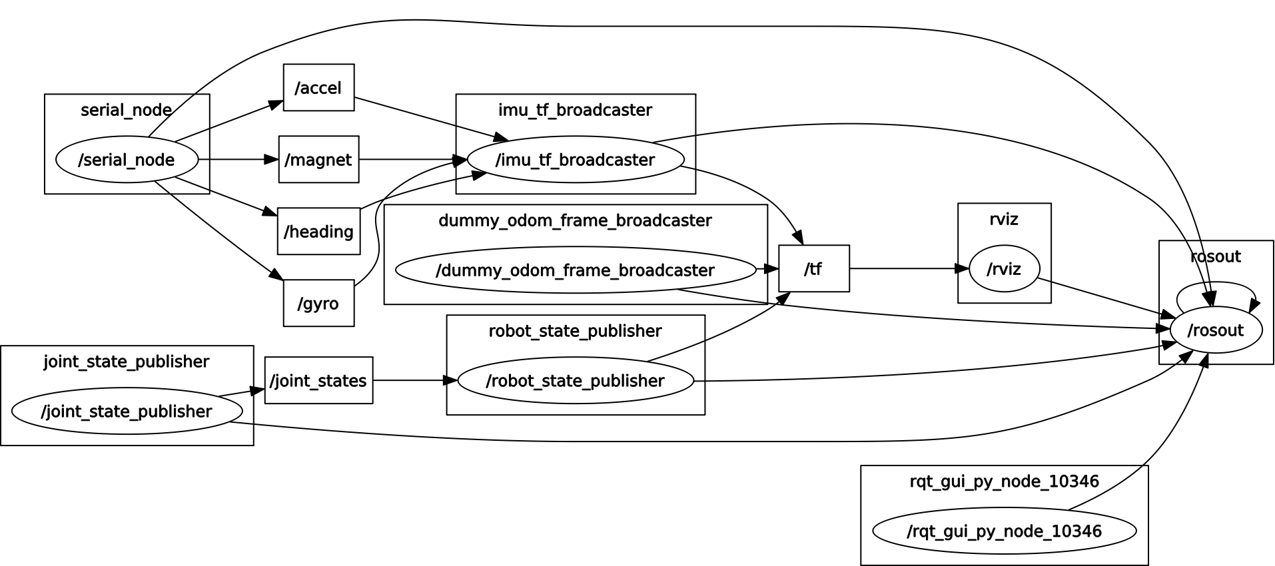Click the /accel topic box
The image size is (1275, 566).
pos(318,87)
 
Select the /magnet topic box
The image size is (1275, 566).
pos(318,159)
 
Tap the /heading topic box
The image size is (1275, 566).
pos(318,231)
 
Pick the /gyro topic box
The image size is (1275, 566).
pos(318,303)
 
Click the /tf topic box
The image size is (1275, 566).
pos(813,268)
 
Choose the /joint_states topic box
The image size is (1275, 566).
pos(318,380)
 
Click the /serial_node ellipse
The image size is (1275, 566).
pos(127,160)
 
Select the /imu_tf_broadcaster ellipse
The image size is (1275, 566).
pos(576,160)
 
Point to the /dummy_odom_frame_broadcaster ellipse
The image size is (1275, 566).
pos(576,270)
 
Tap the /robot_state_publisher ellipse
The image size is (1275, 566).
pos(576,381)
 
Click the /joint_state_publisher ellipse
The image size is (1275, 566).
pos(127,412)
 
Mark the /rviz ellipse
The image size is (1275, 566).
pos(1004,269)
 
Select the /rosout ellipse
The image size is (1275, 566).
pos(1216,330)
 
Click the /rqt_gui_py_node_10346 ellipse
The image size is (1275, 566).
pos(1004,531)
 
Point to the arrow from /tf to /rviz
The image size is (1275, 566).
pos(906,268)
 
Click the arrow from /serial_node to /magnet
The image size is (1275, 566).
pos(237,159)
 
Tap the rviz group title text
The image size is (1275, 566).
pos(1004,220)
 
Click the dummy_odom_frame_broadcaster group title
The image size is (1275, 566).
pos(575,220)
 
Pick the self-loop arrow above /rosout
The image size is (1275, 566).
pos(1216,284)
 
